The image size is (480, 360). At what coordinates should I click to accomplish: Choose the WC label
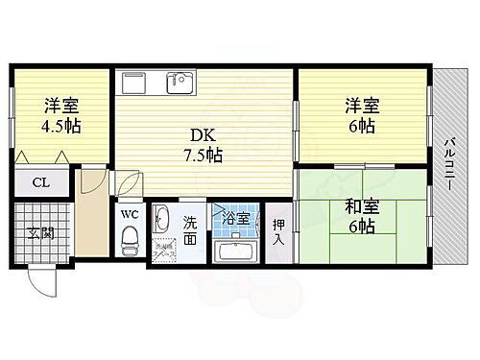tap(131, 215)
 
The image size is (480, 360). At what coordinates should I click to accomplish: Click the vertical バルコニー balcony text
tap(448, 165)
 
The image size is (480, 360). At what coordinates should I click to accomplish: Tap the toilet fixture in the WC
tap(131, 241)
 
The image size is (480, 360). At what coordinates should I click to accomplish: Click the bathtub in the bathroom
tap(235, 251)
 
